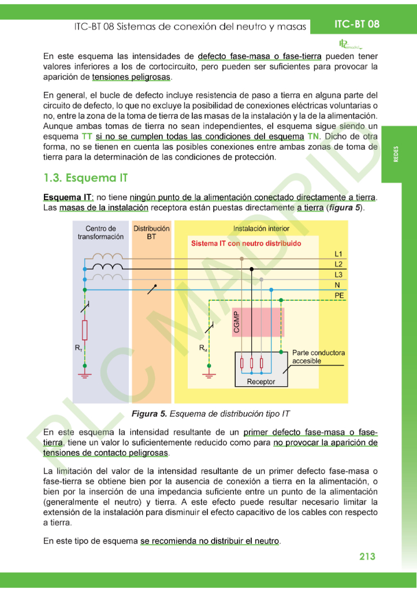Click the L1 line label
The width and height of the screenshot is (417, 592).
pyautogui.click(x=338, y=254)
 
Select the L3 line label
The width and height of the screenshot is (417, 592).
pyautogui.click(x=338, y=275)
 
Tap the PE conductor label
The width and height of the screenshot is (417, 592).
pyautogui.click(x=339, y=295)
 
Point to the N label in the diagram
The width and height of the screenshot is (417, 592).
pyautogui.click(x=337, y=284)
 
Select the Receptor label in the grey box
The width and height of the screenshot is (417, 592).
pyautogui.click(x=260, y=382)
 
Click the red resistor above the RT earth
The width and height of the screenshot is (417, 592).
pyautogui.click(x=85, y=331)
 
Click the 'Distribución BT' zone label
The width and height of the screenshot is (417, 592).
pyautogui.click(x=151, y=232)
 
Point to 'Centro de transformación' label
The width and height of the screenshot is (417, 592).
pyautogui.click(x=100, y=232)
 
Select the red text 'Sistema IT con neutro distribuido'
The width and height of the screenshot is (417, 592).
pyautogui.click(x=246, y=243)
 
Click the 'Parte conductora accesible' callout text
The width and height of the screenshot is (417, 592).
pyautogui.click(x=318, y=357)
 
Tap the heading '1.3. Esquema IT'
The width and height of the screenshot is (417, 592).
pyautogui.click(x=85, y=177)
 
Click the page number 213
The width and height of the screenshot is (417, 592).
pyautogui.click(x=367, y=556)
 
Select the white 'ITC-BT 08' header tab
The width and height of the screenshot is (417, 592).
pyautogui.click(x=356, y=24)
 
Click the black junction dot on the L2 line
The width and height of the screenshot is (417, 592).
pyautogui.click(x=251, y=269)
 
